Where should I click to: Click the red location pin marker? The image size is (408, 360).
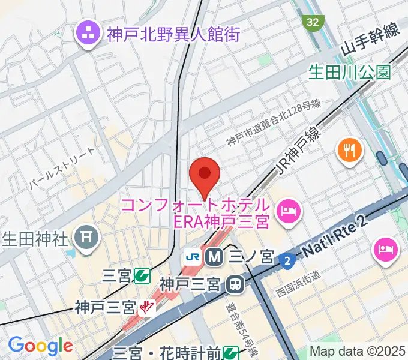point(205,174)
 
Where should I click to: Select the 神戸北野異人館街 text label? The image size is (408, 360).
point(173,34)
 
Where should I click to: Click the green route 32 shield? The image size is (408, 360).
point(312,23)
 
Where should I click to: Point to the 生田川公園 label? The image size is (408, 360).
point(349,72)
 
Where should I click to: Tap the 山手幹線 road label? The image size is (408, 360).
point(370,43)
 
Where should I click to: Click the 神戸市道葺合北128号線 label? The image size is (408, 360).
point(273,124)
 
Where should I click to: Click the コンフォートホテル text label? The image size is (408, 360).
point(195,205)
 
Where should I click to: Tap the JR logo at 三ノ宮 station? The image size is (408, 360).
point(193,257)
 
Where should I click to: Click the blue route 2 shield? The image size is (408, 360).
point(287,259)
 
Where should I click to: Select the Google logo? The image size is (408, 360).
point(40,346)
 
